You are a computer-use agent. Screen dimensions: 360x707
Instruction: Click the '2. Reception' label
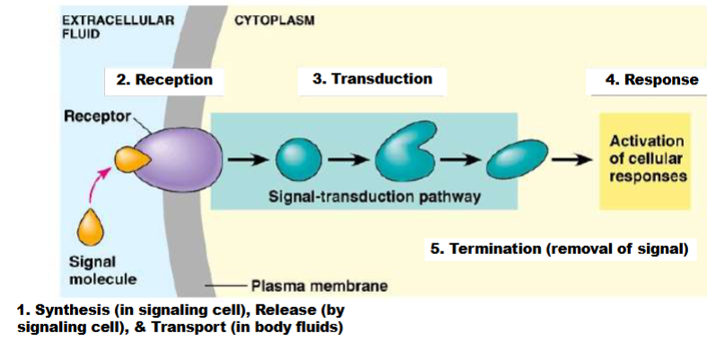pos(164,80)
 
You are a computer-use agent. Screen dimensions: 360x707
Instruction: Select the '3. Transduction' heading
pos(371,79)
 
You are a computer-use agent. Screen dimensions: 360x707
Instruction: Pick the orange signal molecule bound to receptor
pos(128,160)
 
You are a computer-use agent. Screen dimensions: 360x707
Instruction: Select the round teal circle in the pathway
pos(292,161)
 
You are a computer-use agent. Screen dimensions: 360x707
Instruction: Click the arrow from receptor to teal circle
pos(246,161)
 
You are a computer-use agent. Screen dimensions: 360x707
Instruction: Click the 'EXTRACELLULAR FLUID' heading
pos(117,28)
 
